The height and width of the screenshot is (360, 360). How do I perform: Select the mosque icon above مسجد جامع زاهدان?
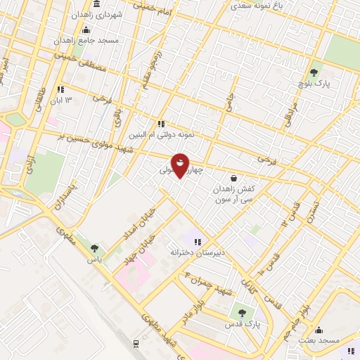(86, 30)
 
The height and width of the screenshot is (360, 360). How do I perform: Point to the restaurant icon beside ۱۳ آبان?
(60, 89)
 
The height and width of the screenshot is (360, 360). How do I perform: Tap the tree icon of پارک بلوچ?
(314, 72)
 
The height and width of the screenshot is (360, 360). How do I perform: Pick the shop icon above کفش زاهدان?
(233, 178)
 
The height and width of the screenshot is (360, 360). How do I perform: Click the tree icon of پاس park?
(94, 247)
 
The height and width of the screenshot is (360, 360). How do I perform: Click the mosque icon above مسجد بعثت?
(319, 330)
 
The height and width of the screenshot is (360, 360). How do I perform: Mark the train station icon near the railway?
(135, 343)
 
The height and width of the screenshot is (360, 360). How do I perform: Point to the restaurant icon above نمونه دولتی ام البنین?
(160, 124)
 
